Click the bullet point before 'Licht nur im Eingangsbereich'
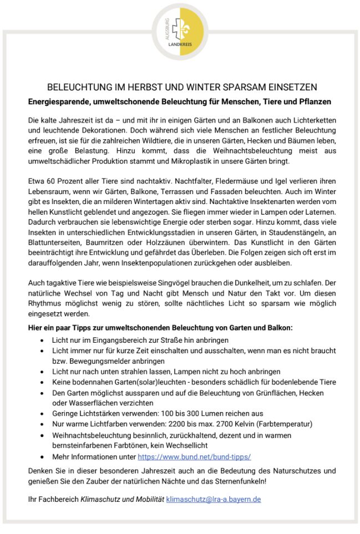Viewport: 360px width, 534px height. (43, 340)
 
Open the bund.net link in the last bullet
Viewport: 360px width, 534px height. (194, 456)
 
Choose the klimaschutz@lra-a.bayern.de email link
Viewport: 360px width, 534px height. (214, 499)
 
